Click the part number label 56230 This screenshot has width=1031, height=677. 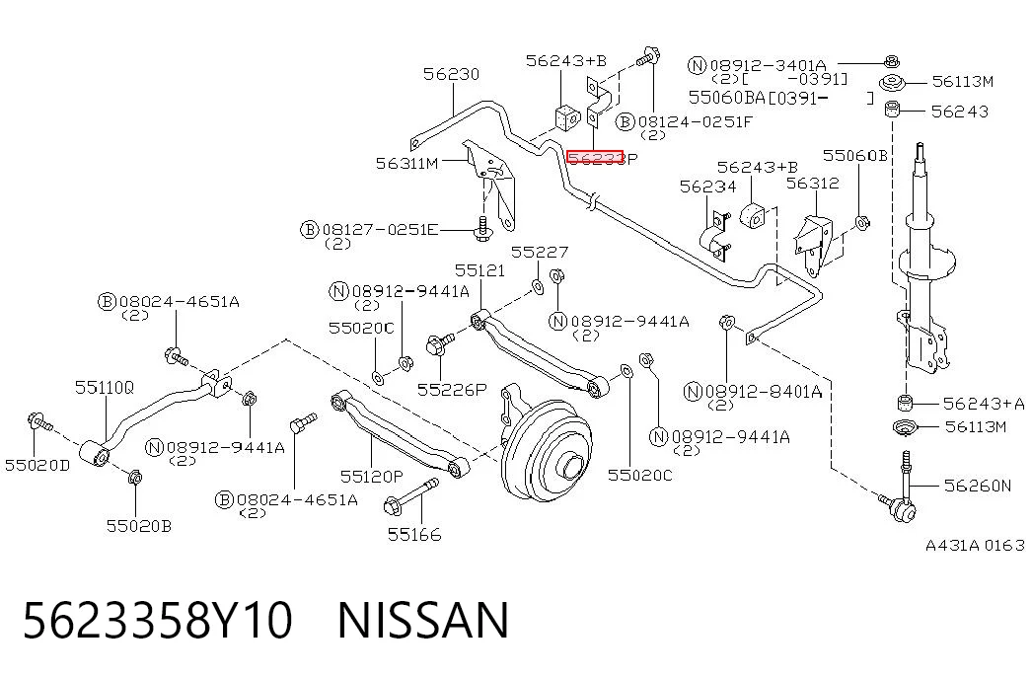click(x=451, y=74)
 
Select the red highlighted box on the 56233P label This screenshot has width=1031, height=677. click(x=594, y=157)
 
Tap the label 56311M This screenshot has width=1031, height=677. click(x=407, y=163)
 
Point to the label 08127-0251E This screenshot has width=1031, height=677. click(x=380, y=230)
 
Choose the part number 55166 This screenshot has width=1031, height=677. click(x=414, y=534)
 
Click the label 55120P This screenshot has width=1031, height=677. click(x=372, y=475)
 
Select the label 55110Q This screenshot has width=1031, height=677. click(x=104, y=388)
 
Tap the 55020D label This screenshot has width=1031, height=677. click(x=37, y=465)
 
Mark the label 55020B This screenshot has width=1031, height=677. click(x=139, y=526)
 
